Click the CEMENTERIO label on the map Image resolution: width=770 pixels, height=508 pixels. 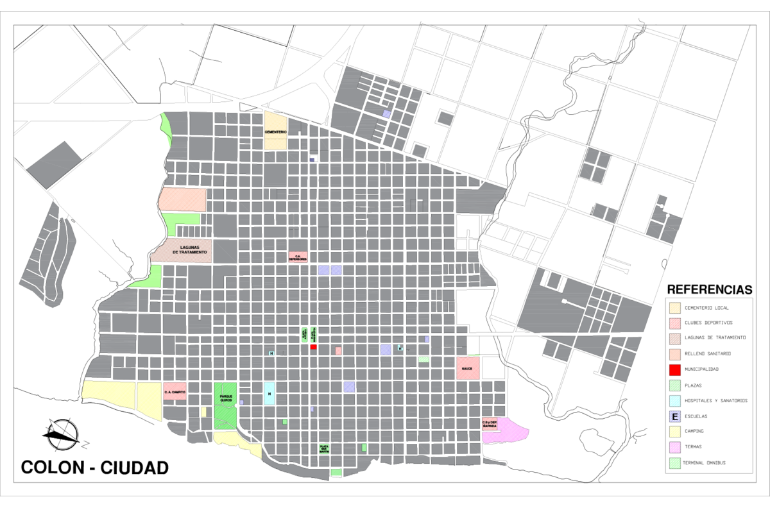[275, 131]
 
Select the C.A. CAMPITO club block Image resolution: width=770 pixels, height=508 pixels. [175, 391]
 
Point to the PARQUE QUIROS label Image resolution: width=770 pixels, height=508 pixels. [225, 398]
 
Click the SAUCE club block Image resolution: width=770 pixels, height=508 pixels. [468, 369]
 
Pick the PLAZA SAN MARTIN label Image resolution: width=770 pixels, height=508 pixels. [325, 448]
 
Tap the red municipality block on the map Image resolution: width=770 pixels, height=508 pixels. [313, 347]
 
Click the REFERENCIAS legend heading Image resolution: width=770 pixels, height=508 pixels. [709, 289]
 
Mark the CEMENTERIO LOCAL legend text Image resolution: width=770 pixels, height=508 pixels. [706, 308]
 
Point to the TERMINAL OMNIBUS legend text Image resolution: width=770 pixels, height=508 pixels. [705, 462]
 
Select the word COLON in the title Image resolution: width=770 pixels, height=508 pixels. [51, 468]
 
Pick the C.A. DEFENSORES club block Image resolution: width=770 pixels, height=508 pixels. [298, 257]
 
